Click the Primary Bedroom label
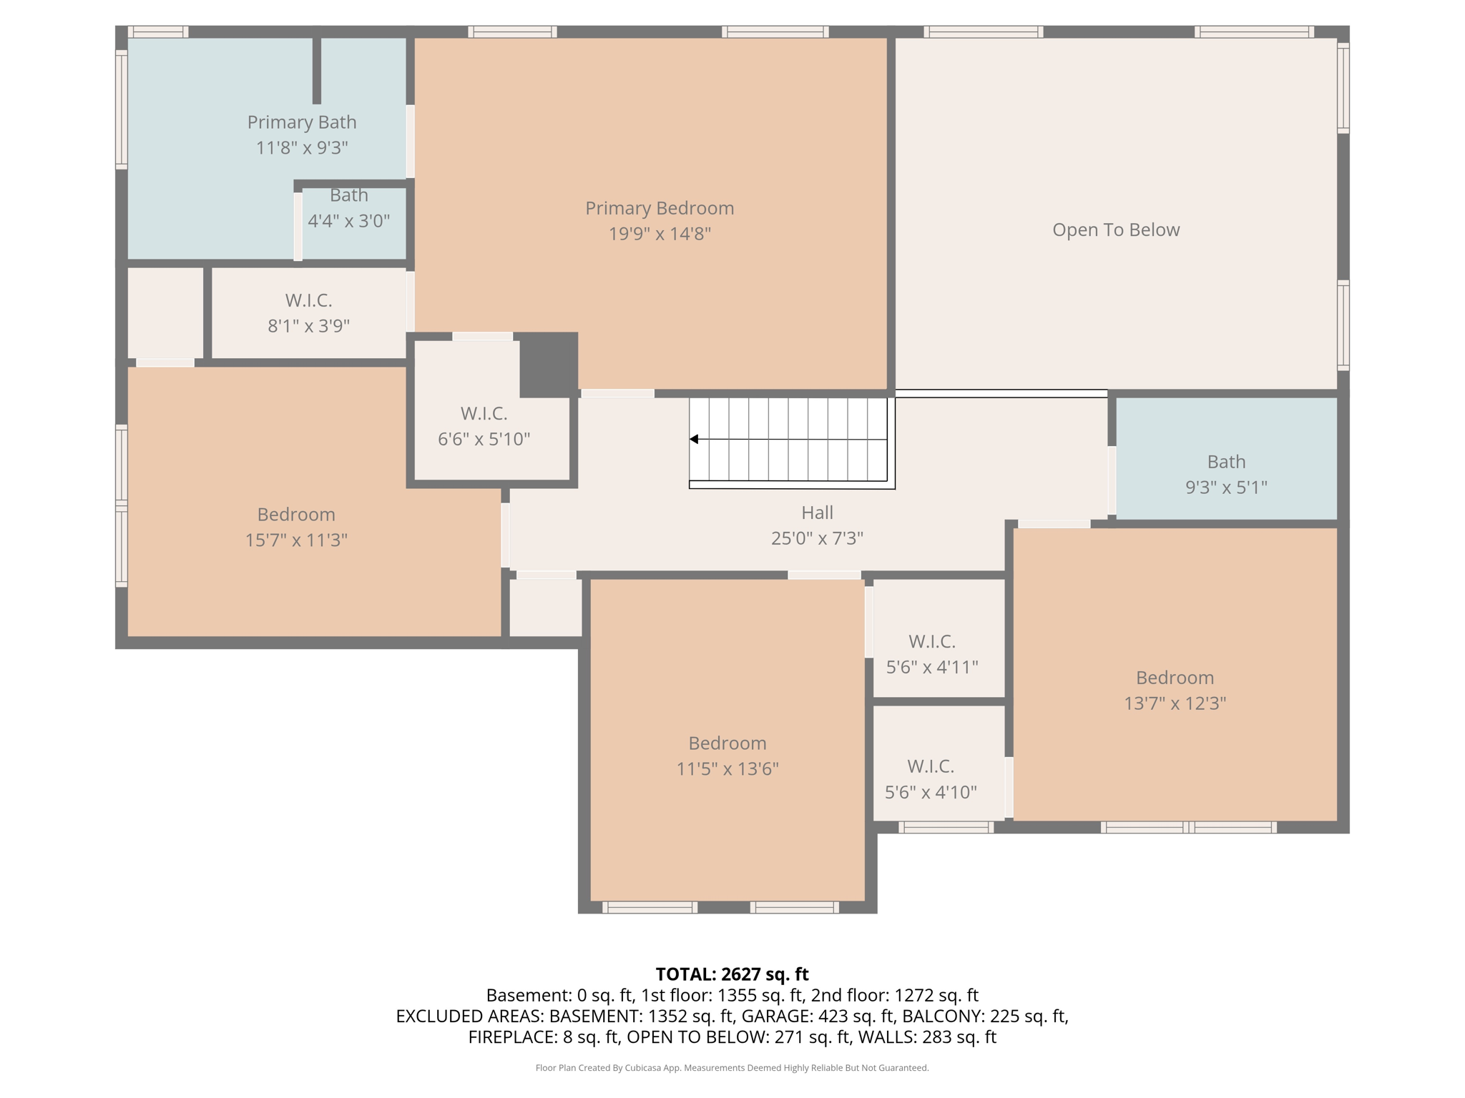click(659, 208)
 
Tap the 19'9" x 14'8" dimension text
click(659, 234)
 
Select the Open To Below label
click(1115, 229)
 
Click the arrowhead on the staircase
click(694, 439)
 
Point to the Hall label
click(817, 513)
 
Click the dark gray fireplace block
click(548, 364)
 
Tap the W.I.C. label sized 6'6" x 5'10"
click(484, 413)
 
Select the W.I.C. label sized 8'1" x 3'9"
click(308, 300)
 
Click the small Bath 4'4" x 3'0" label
click(348, 195)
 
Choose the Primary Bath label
click(301, 122)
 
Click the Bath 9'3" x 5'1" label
click(1226, 462)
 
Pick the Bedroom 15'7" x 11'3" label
click(296, 514)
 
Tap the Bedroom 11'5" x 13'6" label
click(727, 743)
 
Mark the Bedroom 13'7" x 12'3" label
click(1175, 677)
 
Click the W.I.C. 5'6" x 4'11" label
click(931, 641)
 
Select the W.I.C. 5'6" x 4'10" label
click(930, 766)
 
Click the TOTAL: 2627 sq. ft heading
click(732, 974)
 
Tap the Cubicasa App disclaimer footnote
click(732, 1068)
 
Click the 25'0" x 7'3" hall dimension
click(817, 538)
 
